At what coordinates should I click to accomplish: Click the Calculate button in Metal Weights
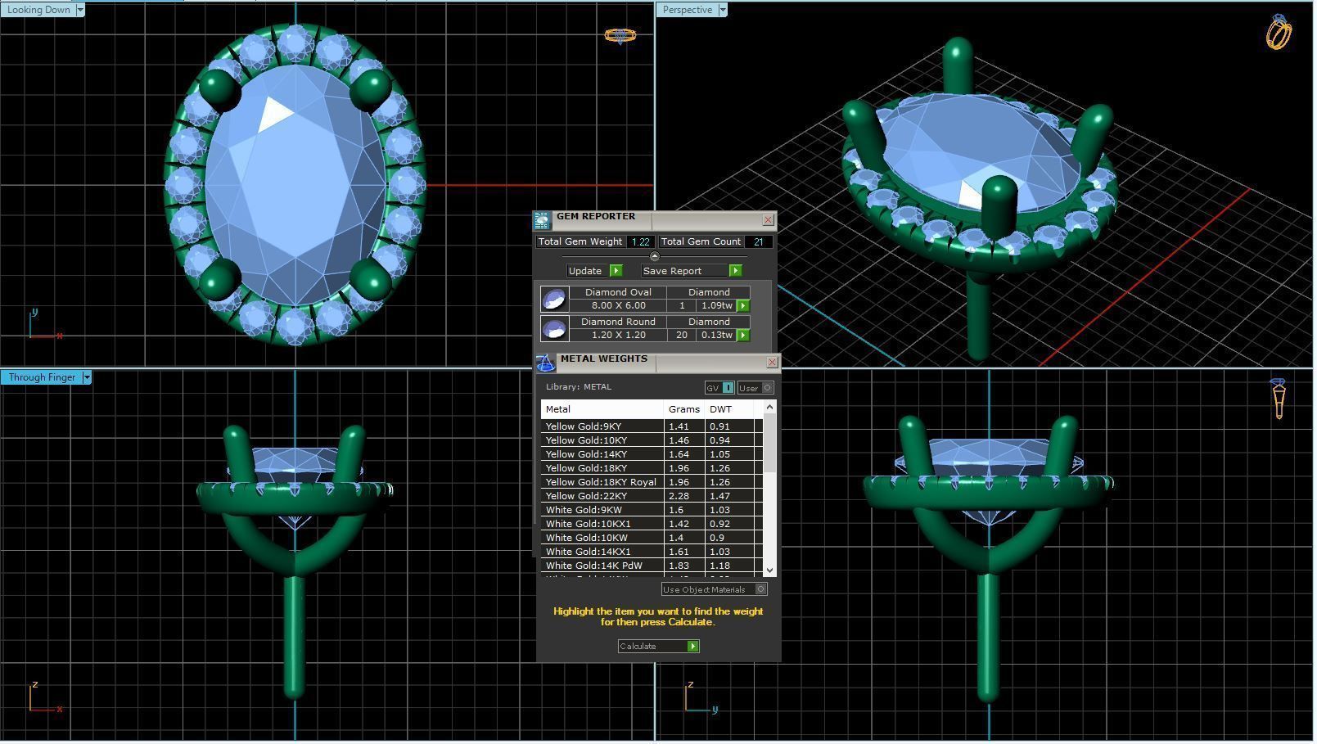659,647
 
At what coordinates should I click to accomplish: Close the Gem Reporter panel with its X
768,219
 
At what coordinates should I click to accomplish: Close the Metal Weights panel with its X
772,362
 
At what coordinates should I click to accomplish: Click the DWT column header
720,409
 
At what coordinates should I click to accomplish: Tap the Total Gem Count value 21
759,242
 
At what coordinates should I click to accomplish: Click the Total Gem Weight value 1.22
640,242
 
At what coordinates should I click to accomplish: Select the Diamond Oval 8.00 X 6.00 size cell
618,305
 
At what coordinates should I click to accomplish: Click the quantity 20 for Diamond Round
681,335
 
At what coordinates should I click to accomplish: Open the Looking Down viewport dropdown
79,10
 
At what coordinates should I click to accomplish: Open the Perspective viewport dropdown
722,10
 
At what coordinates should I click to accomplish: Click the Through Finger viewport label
42,377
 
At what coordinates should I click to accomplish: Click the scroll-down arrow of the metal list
769,570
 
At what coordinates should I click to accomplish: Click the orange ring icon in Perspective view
1279,33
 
